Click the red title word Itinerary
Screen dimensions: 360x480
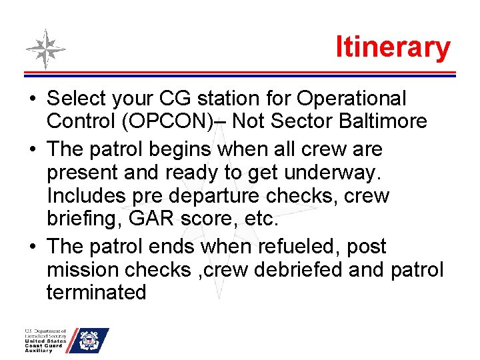(393, 47)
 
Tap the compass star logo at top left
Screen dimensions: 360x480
(45, 49)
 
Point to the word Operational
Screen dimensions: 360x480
(351, 99)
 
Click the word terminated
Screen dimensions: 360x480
(97, 292)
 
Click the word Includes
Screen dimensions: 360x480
(87, 196)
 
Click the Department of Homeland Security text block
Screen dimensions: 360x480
(46, 340)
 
